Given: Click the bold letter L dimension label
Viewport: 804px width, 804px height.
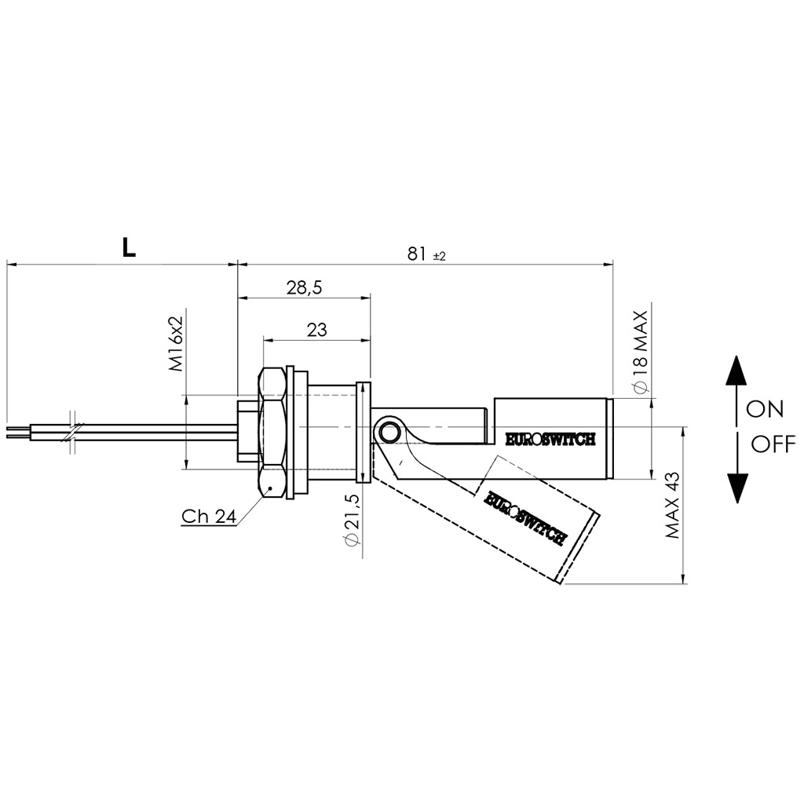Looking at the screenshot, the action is tap(129, 247).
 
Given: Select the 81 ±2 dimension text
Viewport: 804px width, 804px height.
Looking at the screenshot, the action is tap(426, 254).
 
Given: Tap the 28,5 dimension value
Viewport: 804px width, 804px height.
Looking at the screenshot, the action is tap(304, 288).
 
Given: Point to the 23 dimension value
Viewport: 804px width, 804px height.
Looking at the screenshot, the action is tap(317, 330).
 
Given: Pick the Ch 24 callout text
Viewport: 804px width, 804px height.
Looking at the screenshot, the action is tap(209, 517).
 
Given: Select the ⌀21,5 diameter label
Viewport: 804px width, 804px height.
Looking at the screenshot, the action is tap(353, 520).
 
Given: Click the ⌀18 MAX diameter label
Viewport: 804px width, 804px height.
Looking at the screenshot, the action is tap(641, 353).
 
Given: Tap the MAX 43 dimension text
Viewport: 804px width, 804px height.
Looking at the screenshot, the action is tap(672, 505).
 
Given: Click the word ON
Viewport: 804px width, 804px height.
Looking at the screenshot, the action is tap(765, 409).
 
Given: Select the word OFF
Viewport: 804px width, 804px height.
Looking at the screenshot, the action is tap(773, 444).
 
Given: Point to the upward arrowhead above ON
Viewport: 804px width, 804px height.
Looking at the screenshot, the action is tap(736, 370).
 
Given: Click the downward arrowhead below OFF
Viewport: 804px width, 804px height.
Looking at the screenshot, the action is tap(736, 488).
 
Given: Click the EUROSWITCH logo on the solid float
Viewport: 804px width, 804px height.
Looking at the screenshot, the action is tap(550, 440).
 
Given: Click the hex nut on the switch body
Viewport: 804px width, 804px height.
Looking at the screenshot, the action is tap(272, 433).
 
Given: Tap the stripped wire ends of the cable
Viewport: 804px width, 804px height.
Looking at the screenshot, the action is tap(19, 432).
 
